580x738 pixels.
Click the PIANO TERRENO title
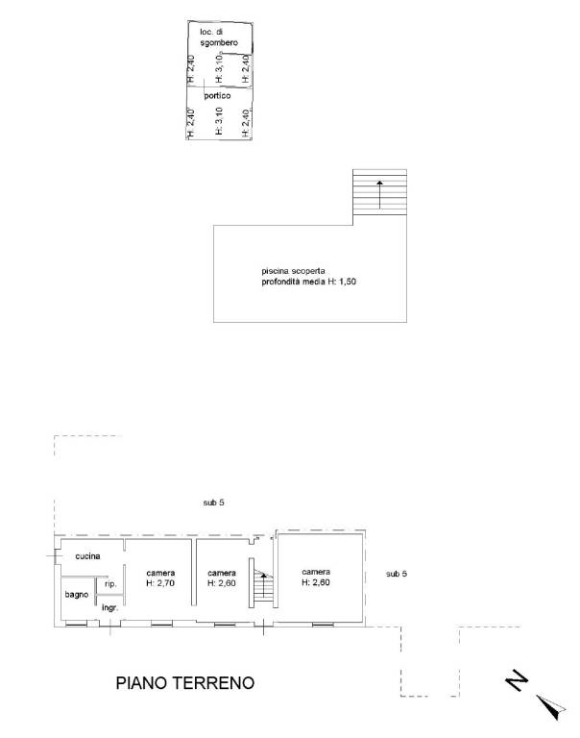185,682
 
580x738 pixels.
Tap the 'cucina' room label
87,555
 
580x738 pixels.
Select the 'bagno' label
77,595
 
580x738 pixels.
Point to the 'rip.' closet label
110,584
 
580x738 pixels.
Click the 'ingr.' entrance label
109,608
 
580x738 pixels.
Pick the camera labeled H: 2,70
160,578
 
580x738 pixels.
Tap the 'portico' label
217,95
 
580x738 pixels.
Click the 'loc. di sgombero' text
219,37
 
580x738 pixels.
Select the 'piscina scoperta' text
293,271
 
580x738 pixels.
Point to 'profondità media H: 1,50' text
308,282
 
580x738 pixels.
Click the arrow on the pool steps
379,194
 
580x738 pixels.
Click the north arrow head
551,707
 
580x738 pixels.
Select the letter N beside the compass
517,680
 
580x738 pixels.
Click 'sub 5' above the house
213,503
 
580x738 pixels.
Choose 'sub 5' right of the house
396,574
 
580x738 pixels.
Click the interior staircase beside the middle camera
262,582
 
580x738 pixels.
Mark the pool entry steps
379,192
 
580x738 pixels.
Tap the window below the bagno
76,625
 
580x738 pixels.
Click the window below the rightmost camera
323,625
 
